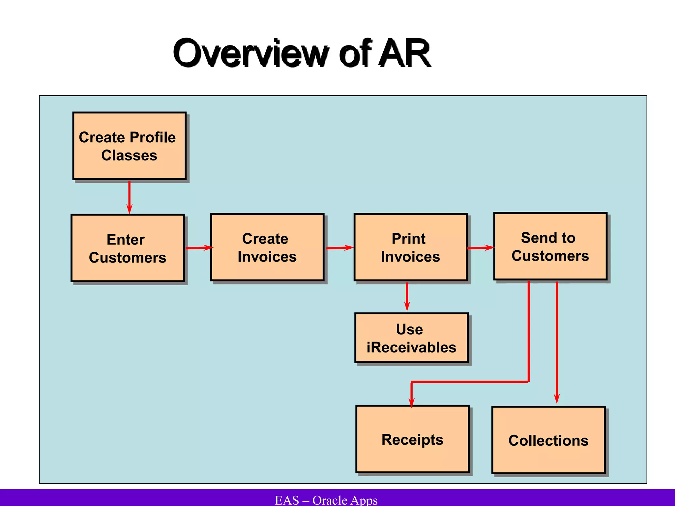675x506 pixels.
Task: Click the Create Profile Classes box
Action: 129,146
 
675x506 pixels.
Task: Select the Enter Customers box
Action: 128,248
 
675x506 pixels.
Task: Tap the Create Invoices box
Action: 267,247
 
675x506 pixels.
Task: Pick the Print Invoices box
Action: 411,247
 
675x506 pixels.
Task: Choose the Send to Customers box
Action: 550,246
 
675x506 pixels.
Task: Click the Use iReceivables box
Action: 411,338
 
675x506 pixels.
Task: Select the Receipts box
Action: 412,439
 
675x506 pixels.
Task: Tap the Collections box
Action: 548,440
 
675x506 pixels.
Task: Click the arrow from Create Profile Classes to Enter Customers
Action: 129,197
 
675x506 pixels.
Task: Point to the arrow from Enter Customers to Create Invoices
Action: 199,248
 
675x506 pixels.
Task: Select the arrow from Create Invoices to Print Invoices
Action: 339,248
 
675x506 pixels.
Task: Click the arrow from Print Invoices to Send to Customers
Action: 480,248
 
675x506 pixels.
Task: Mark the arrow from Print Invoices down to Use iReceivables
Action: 407,296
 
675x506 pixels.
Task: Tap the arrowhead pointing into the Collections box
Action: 557,399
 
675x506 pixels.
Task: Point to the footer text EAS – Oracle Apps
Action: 326,500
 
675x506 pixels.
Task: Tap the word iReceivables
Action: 411,348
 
